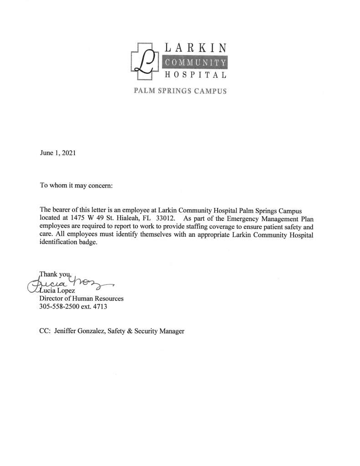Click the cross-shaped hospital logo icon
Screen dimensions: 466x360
[145, 61]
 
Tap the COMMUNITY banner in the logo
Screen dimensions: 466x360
[195, 62]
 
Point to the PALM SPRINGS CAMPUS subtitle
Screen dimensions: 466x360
[180, 91]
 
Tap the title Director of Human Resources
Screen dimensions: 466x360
[81, 299]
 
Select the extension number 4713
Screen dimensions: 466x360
[99, 307]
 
